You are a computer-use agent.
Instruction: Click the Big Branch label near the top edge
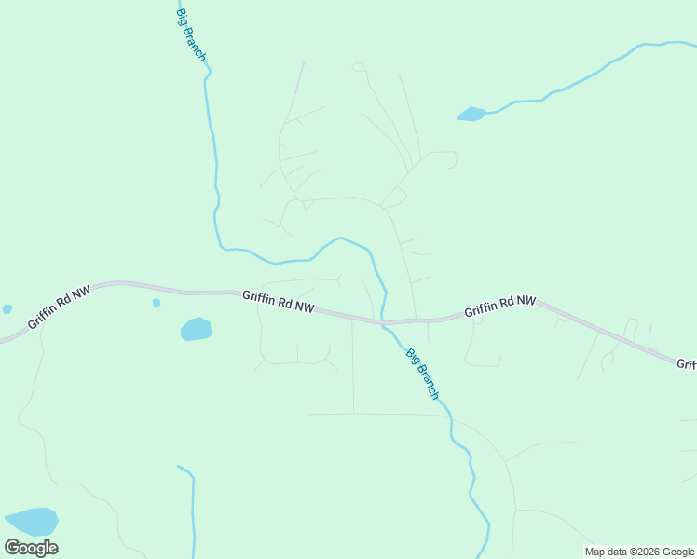pyautogui.click(x=191, y=34)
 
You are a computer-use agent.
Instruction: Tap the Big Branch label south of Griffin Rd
pyautogui.click(x=422, y=374)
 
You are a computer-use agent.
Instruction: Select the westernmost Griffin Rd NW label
pyautogui.click(x=60, y=307)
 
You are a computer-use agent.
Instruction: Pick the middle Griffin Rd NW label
pyautogui.click(x=279, y=302)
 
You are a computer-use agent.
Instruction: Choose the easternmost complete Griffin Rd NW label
pyautogui.click(x=500, y=307)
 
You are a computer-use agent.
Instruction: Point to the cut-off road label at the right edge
pyautogui.click(x=687, y=364)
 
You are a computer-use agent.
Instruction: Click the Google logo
pyautogui.click(x=31, y=548)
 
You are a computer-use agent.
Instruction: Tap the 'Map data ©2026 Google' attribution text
pyautogui.click(x=640, y=552)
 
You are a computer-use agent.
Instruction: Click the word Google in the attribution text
pyautogui.click(x=679, y=552)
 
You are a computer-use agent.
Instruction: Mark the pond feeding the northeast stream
pyautogui.click(x=471, y=115)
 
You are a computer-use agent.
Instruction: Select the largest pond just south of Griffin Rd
pyautogui.click(x=196, y=329)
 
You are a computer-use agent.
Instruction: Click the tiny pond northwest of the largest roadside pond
pyautogui.click(x=157, y=303)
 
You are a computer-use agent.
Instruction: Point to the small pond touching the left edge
pyautogui.click(x=7, y=308)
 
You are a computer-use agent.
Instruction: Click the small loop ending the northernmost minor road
pyautogui.click(x=359, y=66)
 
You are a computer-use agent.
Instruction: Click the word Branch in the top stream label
pyautogui.click(x=196, y=45)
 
